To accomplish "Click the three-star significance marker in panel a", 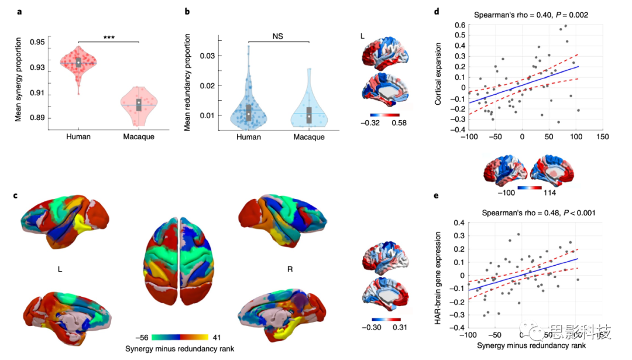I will coord(109,37).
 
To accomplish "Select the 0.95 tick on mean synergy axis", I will coord(36,42).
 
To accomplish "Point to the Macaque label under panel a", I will coord(139,137).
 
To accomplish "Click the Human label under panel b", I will coord(248,137).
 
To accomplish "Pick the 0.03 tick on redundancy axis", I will coord(208,56).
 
